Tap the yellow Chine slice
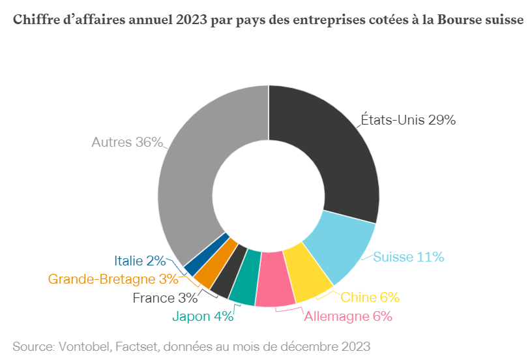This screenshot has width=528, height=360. [308, 274]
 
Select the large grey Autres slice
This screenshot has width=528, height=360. [196, 163]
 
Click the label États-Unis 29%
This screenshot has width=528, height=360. [408, 120]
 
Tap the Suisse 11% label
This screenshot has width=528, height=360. [408, 257]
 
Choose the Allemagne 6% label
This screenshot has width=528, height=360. [348, 317]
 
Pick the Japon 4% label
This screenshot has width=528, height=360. [203, 317]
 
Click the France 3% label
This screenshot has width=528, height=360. [165, 299]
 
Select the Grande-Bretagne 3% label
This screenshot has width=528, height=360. [113, 279]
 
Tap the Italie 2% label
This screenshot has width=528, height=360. [139, 261]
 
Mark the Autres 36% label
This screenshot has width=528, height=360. [127, 142]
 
